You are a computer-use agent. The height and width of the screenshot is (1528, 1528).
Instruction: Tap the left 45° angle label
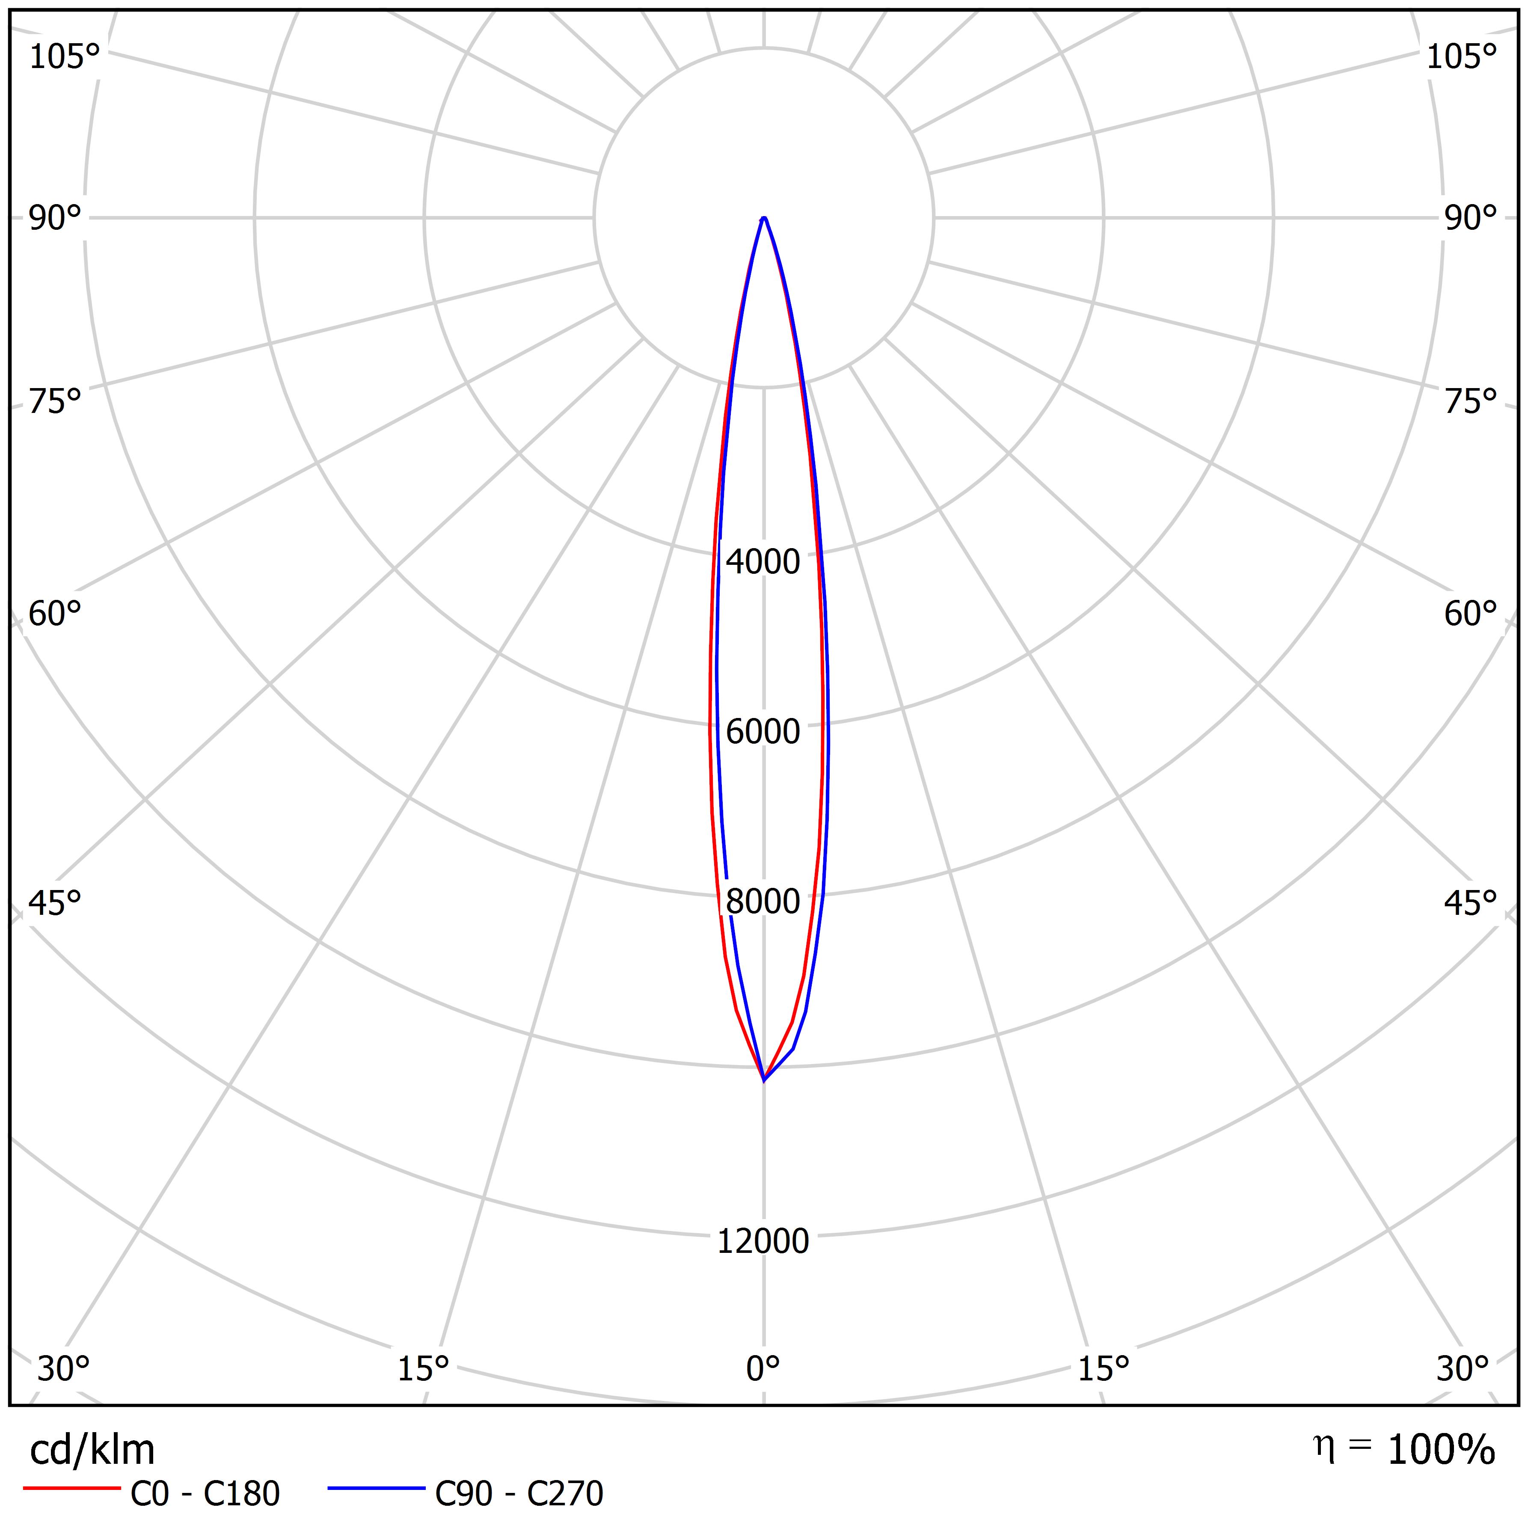55,903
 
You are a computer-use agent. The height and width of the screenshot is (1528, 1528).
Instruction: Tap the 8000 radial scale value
763,902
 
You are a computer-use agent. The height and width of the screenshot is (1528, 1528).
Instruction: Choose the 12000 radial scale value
763,1242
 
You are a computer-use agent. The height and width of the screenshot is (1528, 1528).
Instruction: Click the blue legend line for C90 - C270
377,1489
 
